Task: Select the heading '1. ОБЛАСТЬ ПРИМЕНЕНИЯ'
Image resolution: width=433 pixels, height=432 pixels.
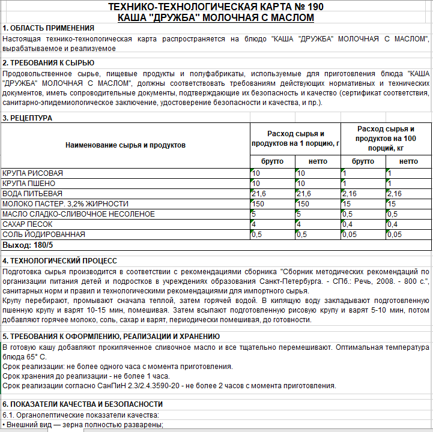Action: [49, 28]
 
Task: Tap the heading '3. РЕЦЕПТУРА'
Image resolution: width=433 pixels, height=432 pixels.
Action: [27, 118]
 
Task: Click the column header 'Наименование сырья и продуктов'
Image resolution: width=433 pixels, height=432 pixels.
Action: [126, 145]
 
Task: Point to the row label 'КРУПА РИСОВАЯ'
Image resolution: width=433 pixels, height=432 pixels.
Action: [32, 173]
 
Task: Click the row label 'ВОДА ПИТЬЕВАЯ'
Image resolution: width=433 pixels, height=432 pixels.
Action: [32, 193]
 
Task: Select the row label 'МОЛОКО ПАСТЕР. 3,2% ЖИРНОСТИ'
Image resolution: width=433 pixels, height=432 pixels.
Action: [65, 203]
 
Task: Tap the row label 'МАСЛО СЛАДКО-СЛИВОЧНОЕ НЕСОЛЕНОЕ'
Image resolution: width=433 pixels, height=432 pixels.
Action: [79, 214]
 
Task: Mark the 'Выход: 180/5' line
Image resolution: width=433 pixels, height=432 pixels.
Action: [28, 245]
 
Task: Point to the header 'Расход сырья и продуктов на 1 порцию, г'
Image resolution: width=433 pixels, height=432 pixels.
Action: [295, 139]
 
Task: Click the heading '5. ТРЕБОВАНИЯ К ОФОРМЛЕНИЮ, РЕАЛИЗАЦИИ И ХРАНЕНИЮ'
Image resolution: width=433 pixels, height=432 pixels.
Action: [106, 336]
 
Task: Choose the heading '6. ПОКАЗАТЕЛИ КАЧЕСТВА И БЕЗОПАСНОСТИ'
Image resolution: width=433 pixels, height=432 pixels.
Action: [82, 404]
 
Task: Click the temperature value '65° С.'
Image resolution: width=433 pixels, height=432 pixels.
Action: [28, 357]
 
